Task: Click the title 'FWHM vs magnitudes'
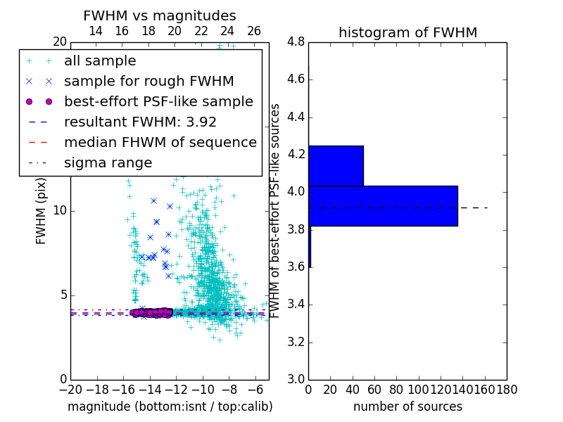(160, 15)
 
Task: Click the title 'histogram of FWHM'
(407, 32)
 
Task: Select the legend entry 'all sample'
(100, 61)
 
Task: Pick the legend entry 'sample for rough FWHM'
(148, 82)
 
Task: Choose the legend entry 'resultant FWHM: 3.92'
(140, 122)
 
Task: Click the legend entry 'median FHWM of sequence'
(160, 143)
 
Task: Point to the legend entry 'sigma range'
(108, 163)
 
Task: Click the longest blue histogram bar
(383, 206)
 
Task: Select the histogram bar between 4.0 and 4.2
(336, 165)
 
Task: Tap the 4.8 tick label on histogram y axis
(296, 42)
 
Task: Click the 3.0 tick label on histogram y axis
(296, 379)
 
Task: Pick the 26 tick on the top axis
(254, 31)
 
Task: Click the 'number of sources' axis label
(407, 407)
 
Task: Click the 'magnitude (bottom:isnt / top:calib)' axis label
(170, 407)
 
